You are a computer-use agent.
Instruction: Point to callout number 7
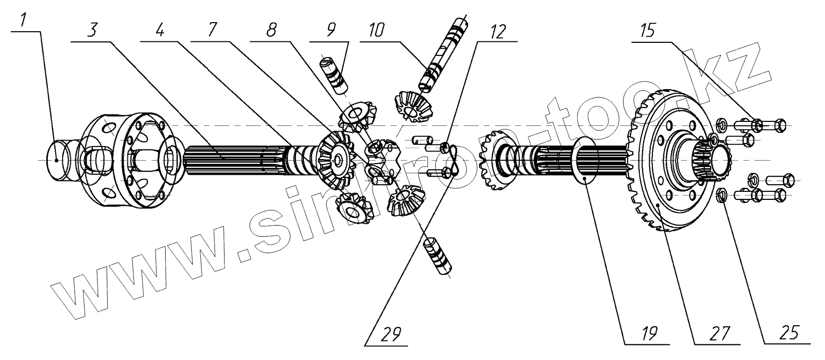[x=211, y=32]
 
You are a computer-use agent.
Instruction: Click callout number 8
[x=271, y=32]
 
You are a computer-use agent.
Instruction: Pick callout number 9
[x=330, y=32]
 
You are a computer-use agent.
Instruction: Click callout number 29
[x=392, y=334]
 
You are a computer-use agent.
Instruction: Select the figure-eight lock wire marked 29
[x=453, y=161]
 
